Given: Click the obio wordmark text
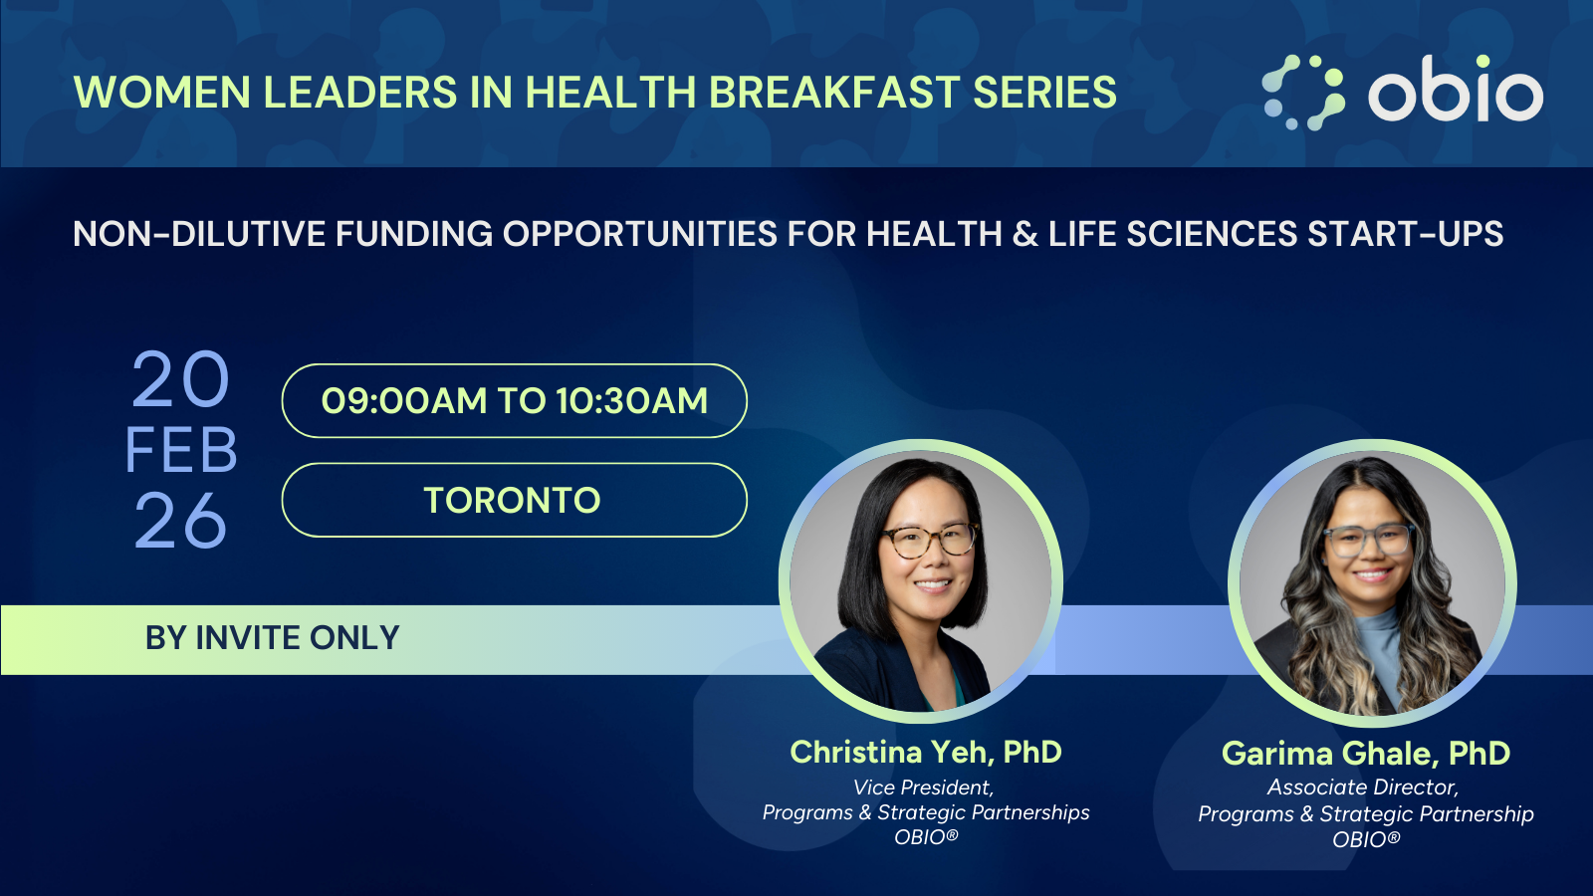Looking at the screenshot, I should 1455,93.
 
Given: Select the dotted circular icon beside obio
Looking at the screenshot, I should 1303,93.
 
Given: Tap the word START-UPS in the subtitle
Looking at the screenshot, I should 1405,234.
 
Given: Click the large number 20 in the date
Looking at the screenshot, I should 180,380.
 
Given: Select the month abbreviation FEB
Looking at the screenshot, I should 181,451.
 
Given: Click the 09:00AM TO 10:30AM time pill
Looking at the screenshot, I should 514,400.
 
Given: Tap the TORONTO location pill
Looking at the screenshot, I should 514,500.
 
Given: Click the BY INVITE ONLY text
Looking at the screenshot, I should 272,638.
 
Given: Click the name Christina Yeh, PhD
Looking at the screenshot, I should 925,752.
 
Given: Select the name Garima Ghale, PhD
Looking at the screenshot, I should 1365,754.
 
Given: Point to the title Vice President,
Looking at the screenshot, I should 923,787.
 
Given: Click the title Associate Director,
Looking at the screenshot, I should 1362,787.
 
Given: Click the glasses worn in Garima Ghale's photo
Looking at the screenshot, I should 1369,541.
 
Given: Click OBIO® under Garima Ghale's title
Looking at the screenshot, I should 1365,839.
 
